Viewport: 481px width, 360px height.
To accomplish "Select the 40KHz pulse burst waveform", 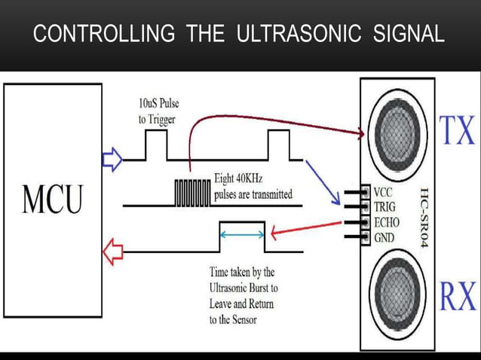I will tap(192, 192).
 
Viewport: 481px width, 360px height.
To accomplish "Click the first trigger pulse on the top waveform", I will tap(157, 145).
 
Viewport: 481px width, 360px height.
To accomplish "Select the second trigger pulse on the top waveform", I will tap(278, 145).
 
